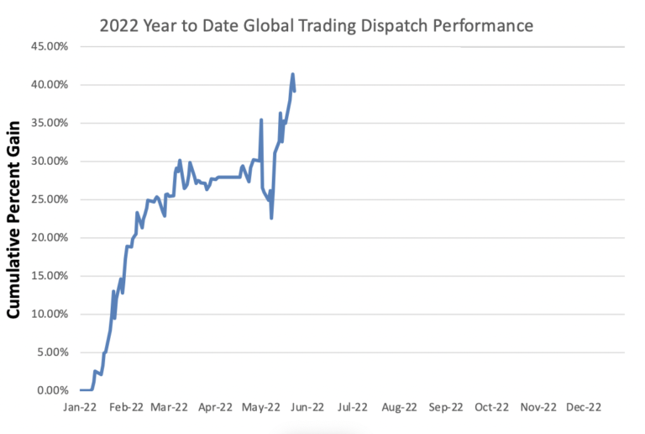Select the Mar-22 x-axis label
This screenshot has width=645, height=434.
tap(170, 409)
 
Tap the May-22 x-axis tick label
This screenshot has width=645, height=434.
tap(261, 409)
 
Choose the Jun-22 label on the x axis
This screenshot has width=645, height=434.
tap(307, 409)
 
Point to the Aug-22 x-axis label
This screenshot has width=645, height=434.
tap(399, 409)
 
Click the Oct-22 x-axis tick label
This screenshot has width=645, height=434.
tap(490, 409)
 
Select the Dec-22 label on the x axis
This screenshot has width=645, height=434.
tap(582, 409)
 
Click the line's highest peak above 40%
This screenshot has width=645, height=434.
tap(292, 74)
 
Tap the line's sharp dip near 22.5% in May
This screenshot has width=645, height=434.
tap(271, 218)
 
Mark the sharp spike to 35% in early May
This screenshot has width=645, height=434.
tap(261, 119)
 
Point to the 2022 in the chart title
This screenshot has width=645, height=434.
tap(118, 26)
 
